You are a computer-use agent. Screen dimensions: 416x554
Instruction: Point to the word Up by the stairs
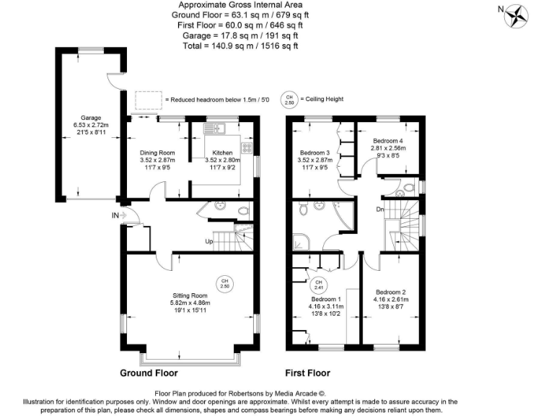pos(209,240)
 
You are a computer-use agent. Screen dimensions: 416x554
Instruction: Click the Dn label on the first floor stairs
pos(379,210)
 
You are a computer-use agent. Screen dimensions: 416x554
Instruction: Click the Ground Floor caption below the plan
pos(149,373)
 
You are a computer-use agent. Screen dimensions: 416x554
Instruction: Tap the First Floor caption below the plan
pos(307,373)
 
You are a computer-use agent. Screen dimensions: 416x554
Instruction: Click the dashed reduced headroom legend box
pos(149,99)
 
